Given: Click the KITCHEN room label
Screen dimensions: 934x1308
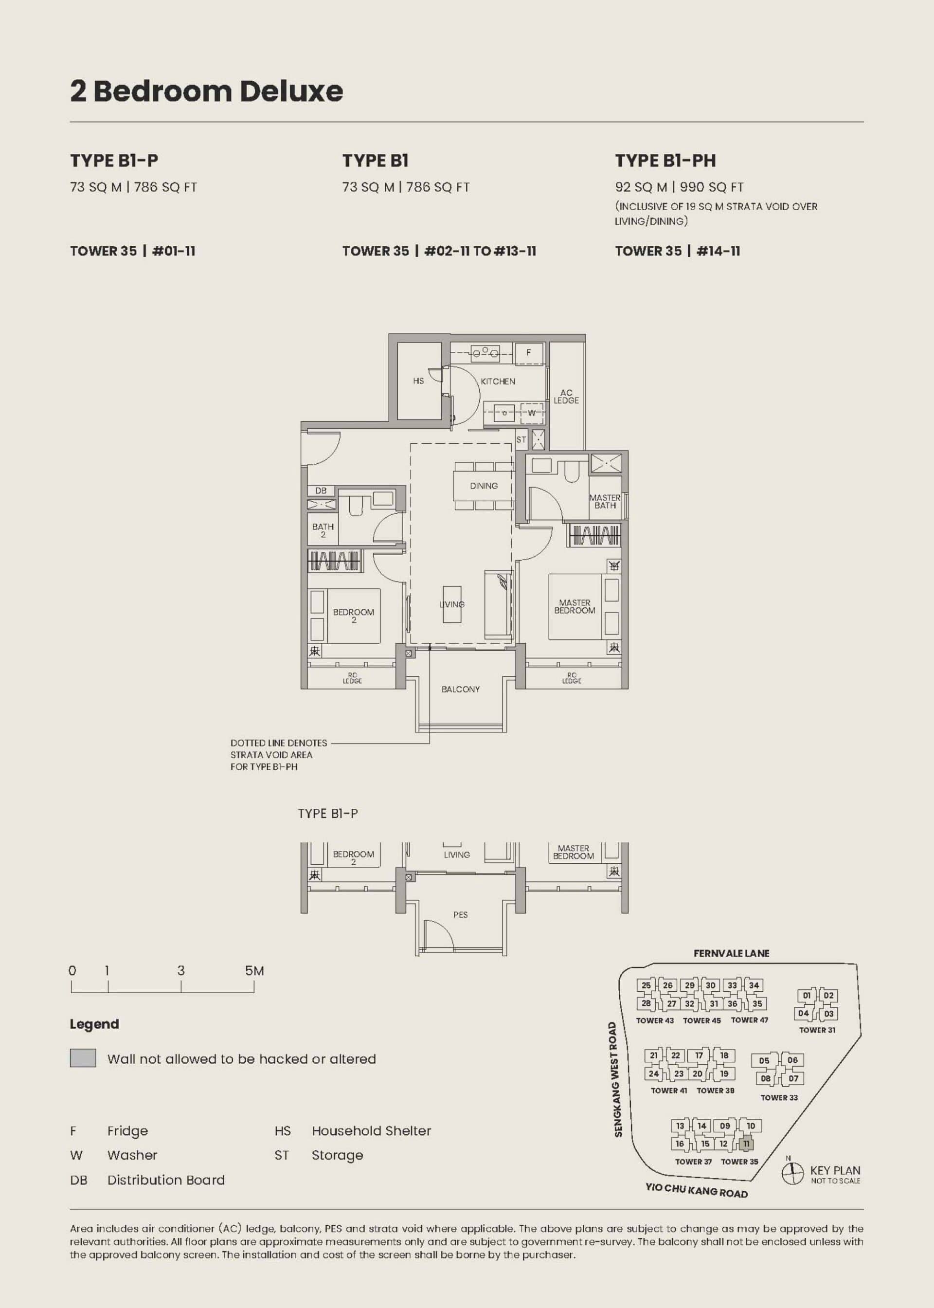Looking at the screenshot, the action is [498, 381].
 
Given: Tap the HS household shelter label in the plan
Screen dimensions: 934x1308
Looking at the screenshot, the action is [418, 381].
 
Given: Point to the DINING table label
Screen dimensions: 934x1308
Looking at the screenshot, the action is [484, 486].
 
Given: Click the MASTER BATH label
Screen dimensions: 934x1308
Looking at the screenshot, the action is [605, 502].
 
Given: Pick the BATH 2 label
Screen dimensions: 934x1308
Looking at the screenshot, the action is [323, 530].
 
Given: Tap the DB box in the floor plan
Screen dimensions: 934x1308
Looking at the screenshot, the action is [321, 490].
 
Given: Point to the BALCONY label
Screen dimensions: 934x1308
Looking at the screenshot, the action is [460, 689].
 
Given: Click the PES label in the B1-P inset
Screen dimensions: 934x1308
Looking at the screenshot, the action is [460, 914].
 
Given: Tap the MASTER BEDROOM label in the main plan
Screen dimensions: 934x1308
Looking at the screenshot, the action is [575, 606].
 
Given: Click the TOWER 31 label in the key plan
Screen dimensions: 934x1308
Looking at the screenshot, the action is [817, 1030].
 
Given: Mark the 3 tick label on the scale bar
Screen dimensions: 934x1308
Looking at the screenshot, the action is [181, 970].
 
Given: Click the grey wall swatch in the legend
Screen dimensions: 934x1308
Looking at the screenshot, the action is [83, 1058].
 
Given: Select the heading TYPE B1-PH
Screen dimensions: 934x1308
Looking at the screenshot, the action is [665, 161].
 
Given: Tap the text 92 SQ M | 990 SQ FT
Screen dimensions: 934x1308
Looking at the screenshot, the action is [679, 187].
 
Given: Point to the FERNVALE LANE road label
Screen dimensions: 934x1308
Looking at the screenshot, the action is [731, 953].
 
